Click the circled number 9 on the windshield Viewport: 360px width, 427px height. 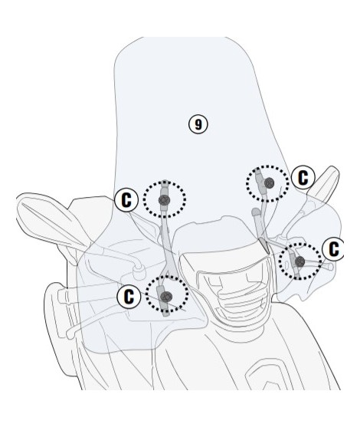(x=198, y=124)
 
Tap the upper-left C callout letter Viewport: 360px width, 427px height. (x=126, y=200)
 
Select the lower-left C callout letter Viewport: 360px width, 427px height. (x=129, y=296)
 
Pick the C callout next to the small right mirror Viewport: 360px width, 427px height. (x=303, y=178)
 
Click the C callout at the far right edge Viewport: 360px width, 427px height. (x=334, y=249)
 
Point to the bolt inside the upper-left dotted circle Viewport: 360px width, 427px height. (x=164, y=200)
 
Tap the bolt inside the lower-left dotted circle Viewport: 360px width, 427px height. (x=166, y=296)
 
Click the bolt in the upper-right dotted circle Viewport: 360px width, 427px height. (x=269, y=182)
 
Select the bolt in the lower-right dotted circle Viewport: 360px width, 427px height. (x=299, y=261)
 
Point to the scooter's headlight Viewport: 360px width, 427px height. (x=234, y=291)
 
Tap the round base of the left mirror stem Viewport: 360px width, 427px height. (x=139, y=271)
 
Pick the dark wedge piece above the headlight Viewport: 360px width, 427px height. (x=264, y=245)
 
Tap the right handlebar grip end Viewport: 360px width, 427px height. (x=330, y=266)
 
